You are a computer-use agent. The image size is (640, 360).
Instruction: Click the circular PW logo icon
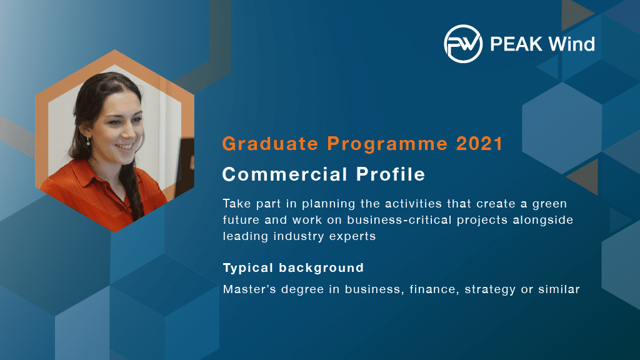(463, 44)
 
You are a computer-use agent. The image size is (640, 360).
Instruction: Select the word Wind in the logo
(571, 44)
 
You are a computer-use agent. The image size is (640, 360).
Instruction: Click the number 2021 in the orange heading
(479, 144)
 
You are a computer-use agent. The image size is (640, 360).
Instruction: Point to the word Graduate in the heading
(270, 144)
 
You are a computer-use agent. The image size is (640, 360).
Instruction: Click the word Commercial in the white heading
(285, 174)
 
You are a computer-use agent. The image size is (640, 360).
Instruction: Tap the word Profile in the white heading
(391, 174)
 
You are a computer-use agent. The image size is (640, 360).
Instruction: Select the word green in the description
(550, 204)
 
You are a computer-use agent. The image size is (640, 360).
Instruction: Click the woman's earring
(88, 141)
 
